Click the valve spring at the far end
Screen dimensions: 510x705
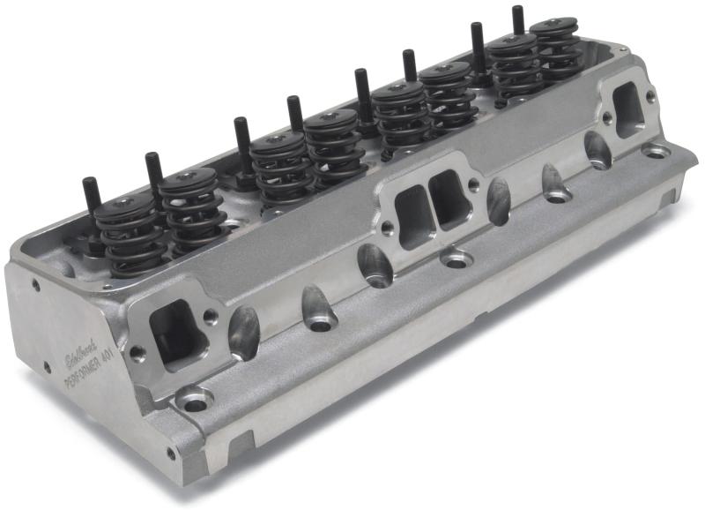553,49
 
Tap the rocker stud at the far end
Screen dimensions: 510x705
518,19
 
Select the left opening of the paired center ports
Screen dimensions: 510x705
412,216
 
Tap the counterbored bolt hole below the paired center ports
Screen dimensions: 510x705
456,259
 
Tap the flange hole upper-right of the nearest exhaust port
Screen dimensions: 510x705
210,314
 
